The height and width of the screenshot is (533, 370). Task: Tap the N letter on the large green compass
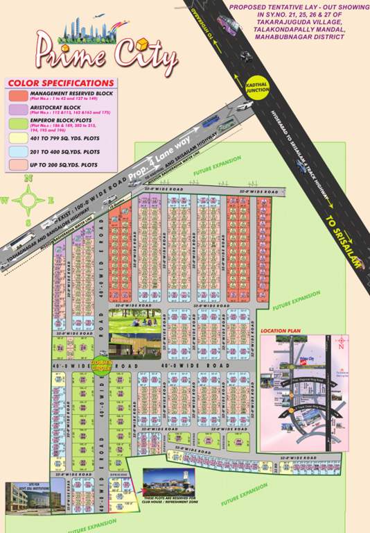tap(28, 179)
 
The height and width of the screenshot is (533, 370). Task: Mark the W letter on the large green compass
tap(6, 201)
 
